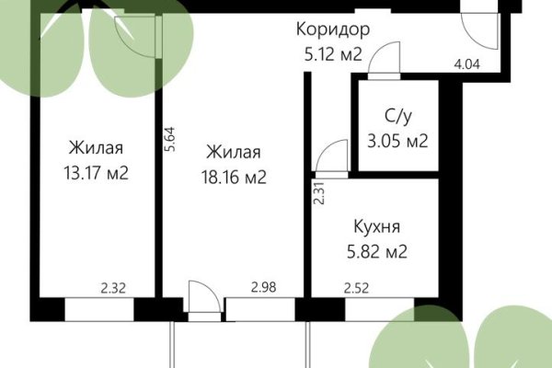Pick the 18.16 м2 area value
236,177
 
